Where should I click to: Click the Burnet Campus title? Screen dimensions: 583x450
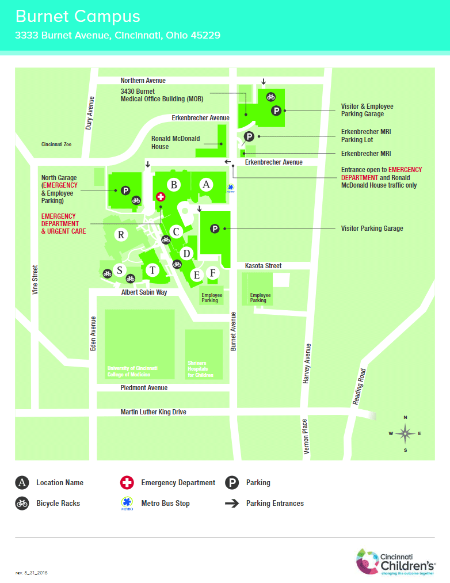[x=78, y=16]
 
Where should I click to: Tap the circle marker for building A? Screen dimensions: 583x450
[x=206, y=184]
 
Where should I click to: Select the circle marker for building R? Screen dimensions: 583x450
[x=121, y=234]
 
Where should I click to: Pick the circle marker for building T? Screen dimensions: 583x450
[x=152, y=270]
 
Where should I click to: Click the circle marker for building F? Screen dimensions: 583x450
[x=212, y=272]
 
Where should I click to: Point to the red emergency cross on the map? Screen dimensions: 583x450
[x=161, y=196]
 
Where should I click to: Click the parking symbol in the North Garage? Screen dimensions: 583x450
[x=125, y=190]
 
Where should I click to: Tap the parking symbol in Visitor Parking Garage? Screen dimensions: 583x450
[x=215, y=228]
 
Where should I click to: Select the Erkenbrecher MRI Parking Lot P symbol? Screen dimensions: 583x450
[x=249, y=136]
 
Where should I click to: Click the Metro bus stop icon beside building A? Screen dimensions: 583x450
[x=231, y=188]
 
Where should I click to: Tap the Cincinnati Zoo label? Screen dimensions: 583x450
[x=56, y=144]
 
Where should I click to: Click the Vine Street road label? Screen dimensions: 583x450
[x=35, y=280]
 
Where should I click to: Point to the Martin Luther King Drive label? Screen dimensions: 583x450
[x=153, y=412]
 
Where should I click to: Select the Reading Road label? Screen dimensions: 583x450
[x=360, y=386]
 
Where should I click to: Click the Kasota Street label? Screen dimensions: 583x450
[x=263, y=265]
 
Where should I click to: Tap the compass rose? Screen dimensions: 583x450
[x=405, y=433]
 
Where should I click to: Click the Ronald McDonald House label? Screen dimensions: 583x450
[x=176, y=142]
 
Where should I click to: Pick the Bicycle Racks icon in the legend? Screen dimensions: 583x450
[x=22, y=503]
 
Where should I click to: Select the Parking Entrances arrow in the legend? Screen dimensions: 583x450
[x=232, y=503]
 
